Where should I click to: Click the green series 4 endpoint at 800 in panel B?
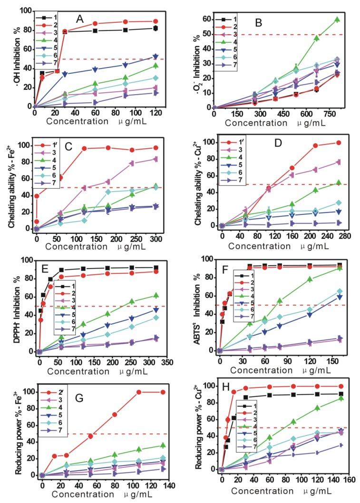tap(337, 19)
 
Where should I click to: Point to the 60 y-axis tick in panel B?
tap(205, 19)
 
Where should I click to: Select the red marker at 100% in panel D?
tap(339, 143)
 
